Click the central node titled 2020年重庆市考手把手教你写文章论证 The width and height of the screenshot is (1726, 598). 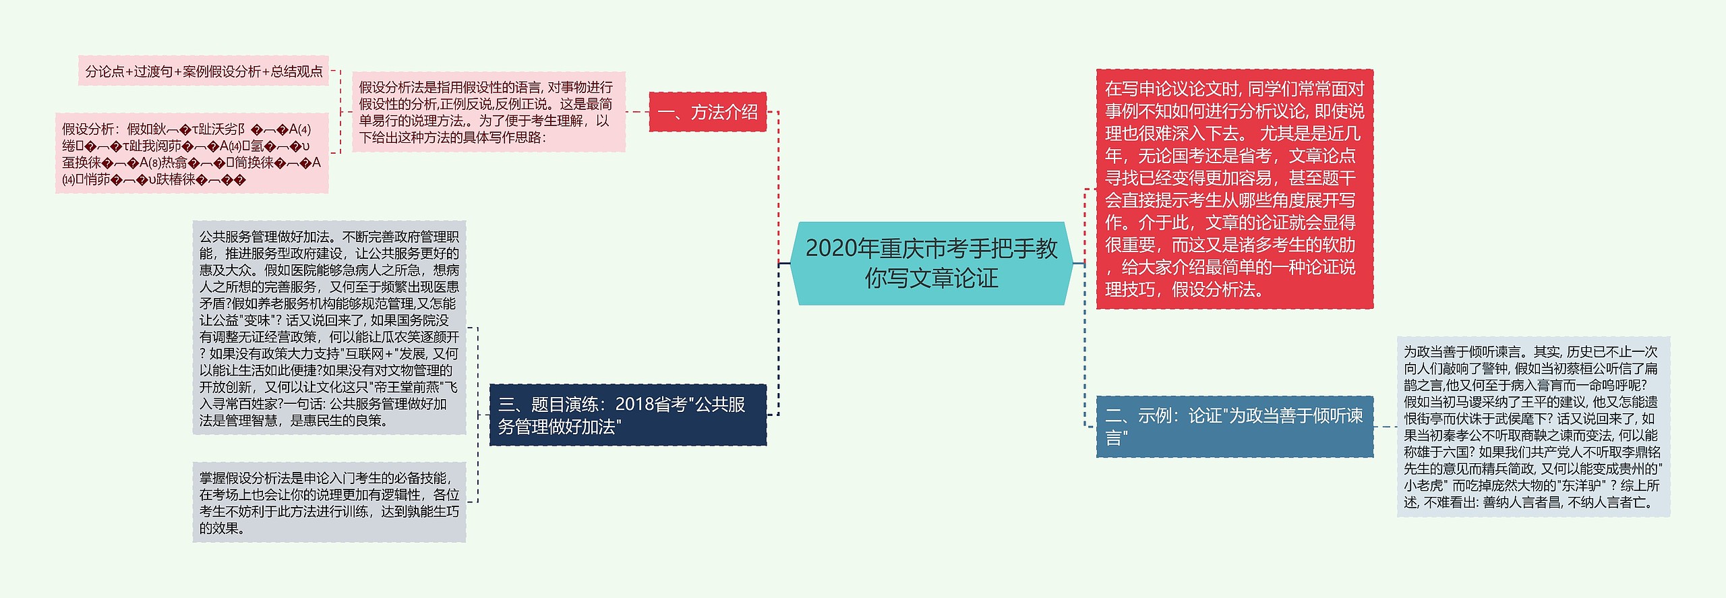point(931,263)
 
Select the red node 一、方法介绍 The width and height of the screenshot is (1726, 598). point(707,112)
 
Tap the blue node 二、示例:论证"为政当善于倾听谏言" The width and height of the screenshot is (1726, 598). point(1234,426)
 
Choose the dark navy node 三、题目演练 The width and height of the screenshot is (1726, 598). point(627,415)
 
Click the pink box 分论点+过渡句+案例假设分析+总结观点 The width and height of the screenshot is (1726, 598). point(204,71)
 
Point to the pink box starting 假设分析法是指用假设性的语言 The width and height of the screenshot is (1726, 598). point(488,112)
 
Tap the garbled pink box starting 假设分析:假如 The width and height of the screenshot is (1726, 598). point(191,154)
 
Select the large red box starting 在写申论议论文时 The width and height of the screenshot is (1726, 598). point(1234,189)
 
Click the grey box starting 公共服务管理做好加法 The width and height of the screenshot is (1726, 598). point(329,328)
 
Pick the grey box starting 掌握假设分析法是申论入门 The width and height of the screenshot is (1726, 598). point(329,502)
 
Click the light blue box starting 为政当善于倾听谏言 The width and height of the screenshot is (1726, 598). point(1532,426)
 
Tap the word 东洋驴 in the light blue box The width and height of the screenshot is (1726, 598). point(1582,485)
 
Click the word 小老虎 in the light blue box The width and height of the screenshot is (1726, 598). point(1423,485)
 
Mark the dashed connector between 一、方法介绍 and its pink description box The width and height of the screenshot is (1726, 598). point(637,112)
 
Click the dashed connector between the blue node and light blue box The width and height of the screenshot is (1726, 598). point(1385,426)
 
